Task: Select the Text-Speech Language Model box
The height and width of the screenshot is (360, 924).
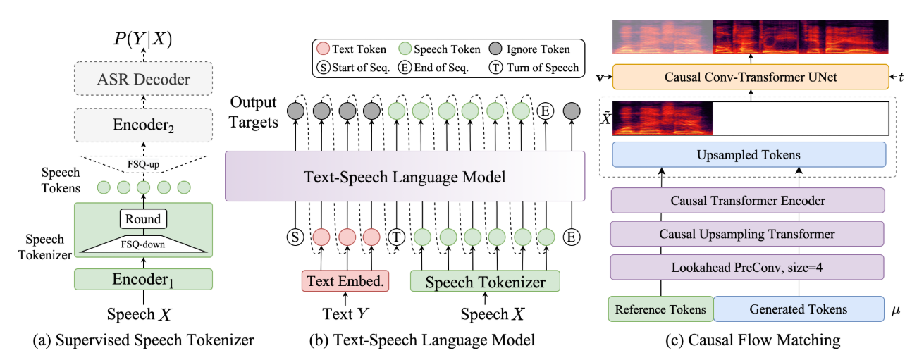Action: [405, 176]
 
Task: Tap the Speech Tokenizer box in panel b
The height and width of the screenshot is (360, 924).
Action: [485, 283]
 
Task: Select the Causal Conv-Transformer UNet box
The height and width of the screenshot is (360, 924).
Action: [751, 77]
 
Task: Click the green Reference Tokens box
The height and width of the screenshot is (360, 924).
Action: [660, 309]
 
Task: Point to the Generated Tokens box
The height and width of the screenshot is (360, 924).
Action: [798, 309]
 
